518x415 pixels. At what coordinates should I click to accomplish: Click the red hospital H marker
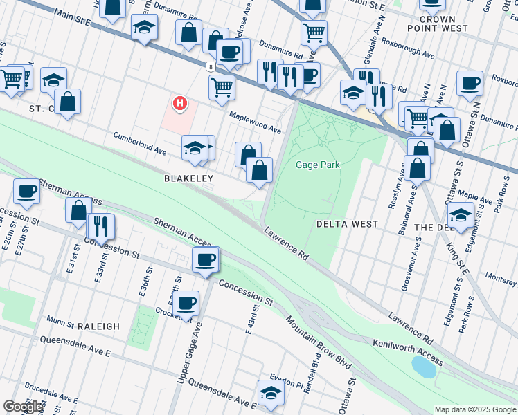(x=180, y=104)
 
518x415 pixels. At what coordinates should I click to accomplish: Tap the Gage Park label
(x=318, y=165)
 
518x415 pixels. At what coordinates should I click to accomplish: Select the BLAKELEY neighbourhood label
(x=188, y=178)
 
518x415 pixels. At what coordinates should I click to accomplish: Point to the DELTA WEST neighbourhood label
(x=347, y=224)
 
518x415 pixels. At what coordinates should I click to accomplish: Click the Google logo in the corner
(x=22, y=407)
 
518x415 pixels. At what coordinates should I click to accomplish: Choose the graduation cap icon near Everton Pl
(x=271, y=391)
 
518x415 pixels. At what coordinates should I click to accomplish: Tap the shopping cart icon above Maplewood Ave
(x=222, y=86)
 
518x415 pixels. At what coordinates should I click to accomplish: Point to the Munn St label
(x=61, y=323)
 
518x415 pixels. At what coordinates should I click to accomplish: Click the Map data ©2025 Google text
(x=474, y=409)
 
